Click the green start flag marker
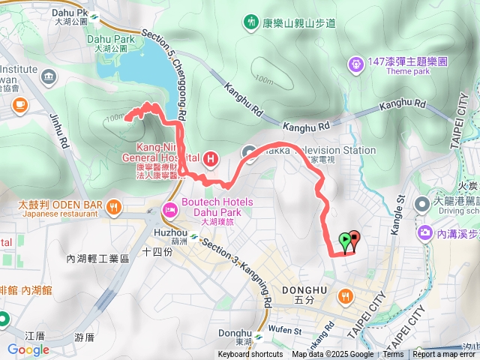click(344, 241)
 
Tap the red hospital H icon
click(211, 158)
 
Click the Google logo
click(28, 349)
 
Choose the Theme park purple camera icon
click(355, 66)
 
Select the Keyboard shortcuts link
click(250, 355)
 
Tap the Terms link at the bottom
click(393, 355)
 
